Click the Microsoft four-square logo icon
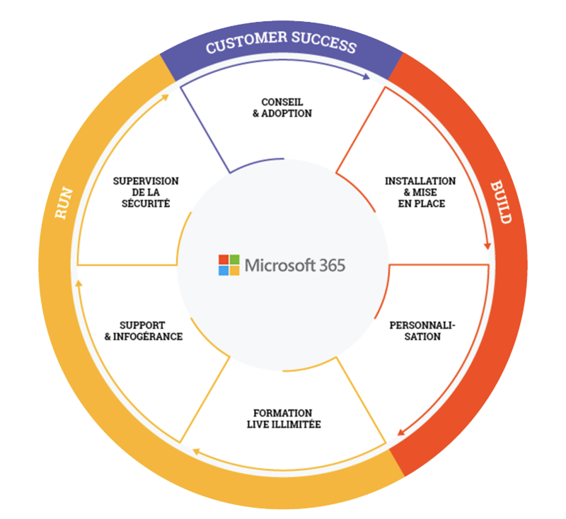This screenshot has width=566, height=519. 229,264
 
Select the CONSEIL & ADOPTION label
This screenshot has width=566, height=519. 282,107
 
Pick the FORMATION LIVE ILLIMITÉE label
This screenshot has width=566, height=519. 282,419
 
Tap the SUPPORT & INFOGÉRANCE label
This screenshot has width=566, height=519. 144,331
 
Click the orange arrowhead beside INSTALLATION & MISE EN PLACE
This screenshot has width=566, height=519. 487,245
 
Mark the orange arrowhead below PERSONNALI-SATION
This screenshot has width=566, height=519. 401,432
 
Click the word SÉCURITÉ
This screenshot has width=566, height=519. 146,204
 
